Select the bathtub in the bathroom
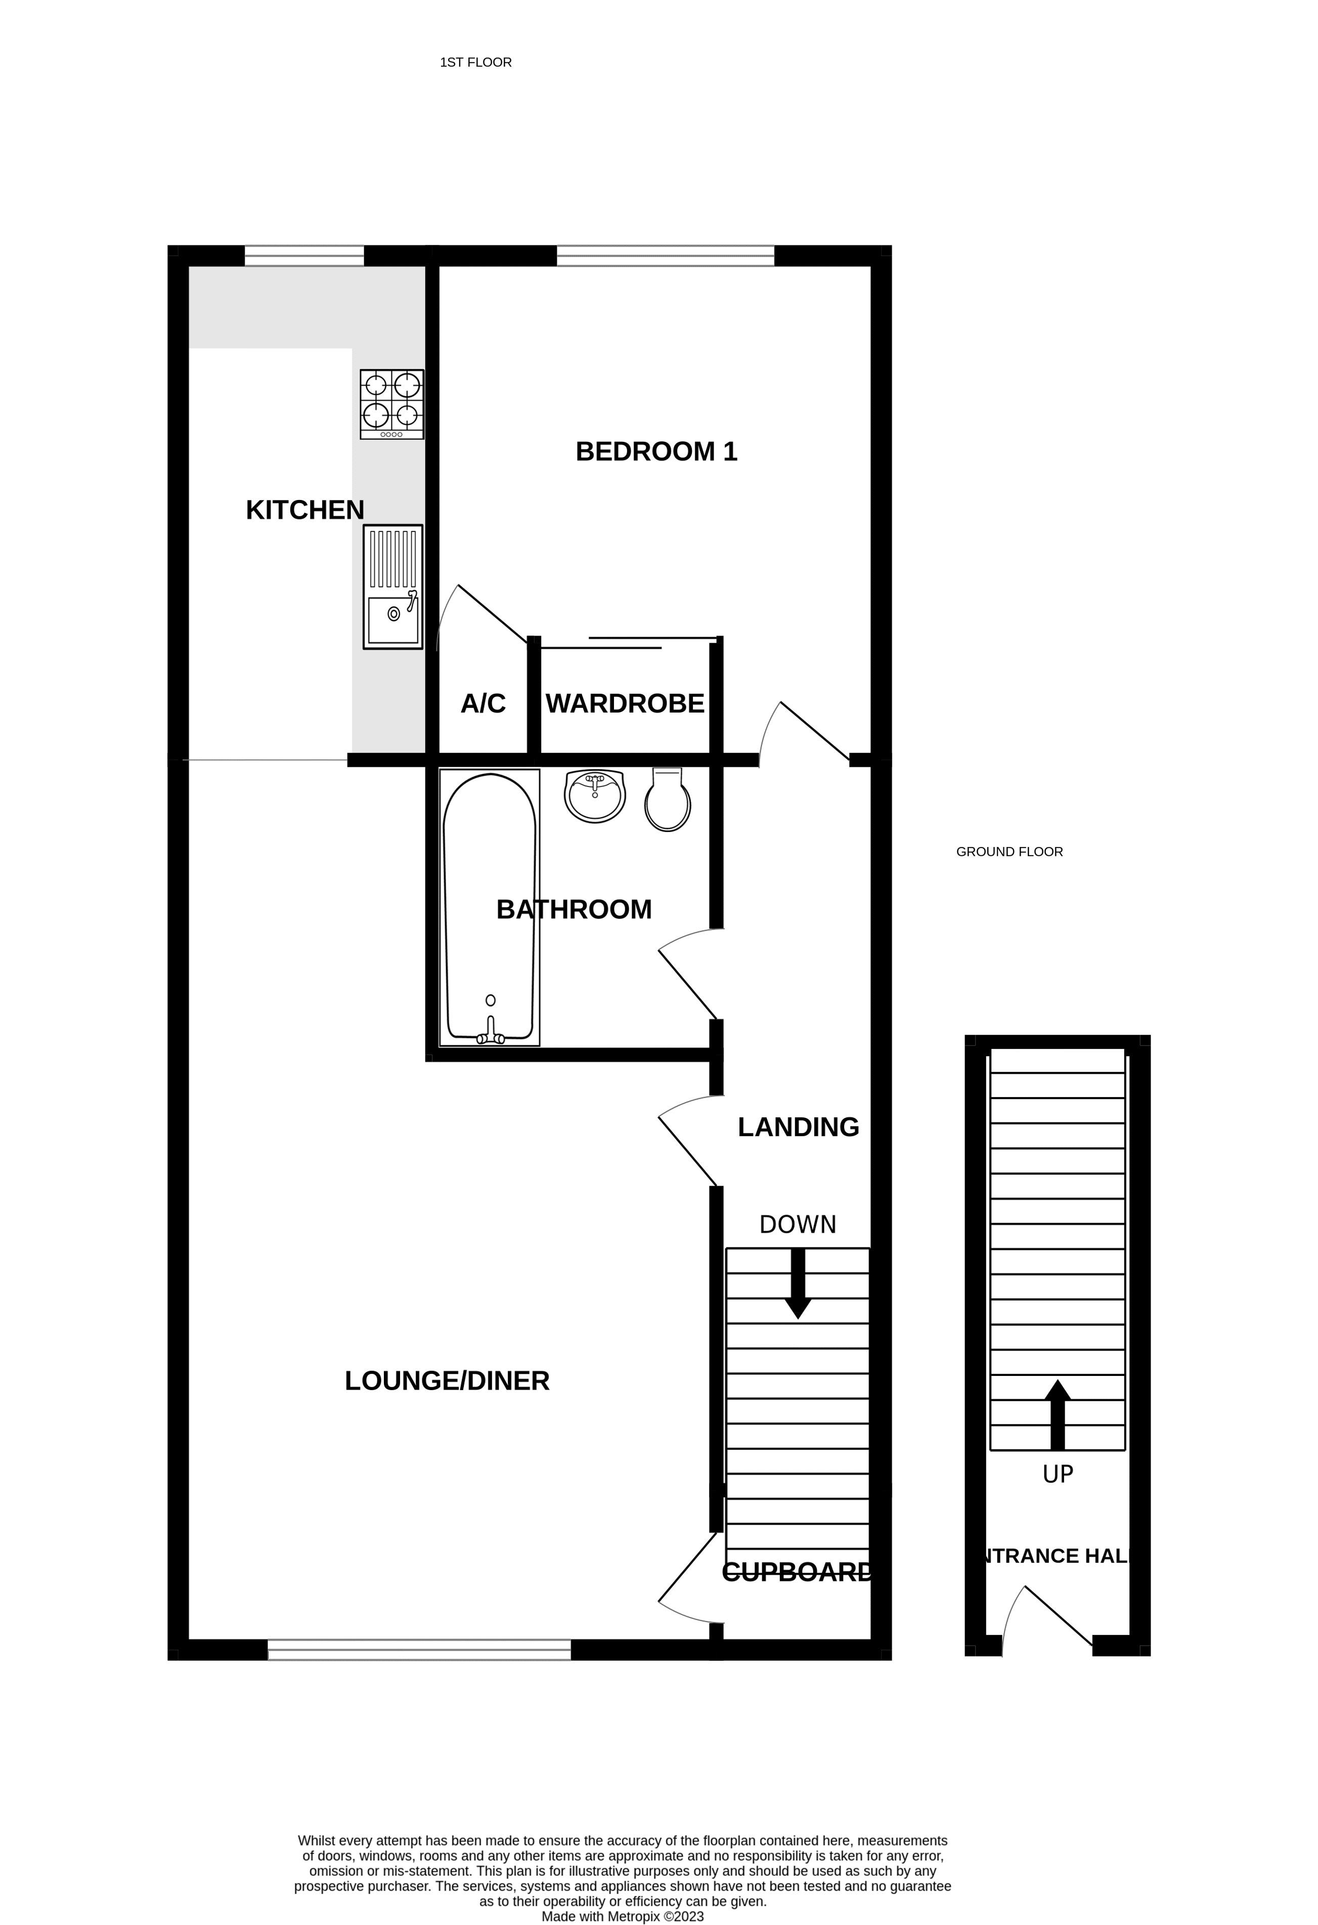coord(490,908)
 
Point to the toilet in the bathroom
coord(667,800)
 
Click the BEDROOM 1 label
coord(656,451)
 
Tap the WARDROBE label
coord(625,703)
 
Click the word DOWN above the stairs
coord(798,1224)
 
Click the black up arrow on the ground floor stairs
coord(1057,1415)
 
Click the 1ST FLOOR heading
coord(476,62)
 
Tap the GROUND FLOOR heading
coord(1009,852)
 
